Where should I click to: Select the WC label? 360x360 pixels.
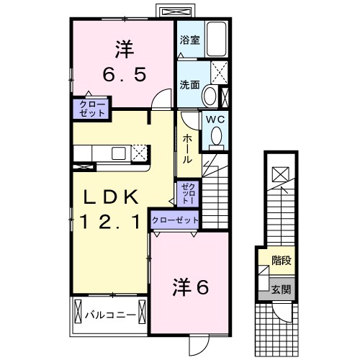(x=216, y=120)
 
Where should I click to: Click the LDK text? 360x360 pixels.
(x=108, y=197)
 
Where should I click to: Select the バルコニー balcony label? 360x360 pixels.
(x=109, y=314)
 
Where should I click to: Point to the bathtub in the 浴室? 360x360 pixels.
(x=215, y=42)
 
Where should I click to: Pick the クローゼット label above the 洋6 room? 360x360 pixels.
(x=175, y=220)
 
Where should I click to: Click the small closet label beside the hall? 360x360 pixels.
(x=186, y=192)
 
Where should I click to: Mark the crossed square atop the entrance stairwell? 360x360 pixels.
(x=279, y=173)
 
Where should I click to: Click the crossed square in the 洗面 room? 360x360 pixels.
(x=218, y=73)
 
